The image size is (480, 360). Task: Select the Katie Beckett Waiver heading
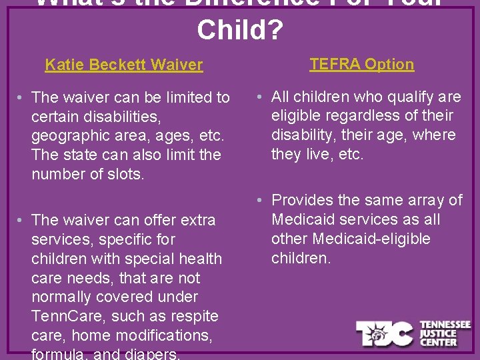123,65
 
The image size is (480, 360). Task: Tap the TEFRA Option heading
362,64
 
